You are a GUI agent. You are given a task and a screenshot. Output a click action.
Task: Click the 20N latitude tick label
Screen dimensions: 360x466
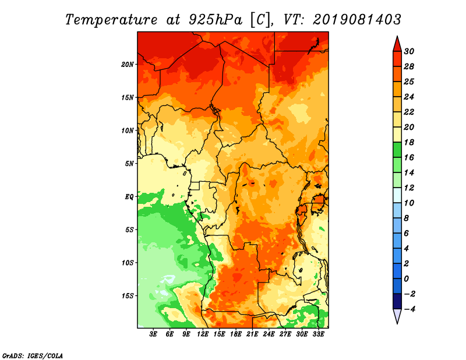coord(128,64)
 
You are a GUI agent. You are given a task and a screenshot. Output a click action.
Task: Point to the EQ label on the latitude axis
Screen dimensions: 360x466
coord(129,196)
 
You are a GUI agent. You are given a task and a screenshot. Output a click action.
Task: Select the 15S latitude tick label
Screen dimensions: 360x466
coord(128,295)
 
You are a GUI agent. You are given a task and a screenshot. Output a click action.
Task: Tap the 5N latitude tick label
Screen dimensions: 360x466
coord(129,163)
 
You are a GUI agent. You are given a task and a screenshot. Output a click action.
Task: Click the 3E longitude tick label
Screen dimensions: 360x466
coord(154,334)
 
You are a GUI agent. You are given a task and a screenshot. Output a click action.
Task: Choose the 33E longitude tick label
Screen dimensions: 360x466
coord(319,334)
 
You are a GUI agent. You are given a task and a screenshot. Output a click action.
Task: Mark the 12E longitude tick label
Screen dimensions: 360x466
coord(203,334)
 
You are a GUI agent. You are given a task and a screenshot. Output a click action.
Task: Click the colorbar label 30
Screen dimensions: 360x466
coord(409,51)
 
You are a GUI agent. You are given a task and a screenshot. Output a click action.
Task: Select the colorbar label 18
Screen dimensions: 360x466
coord(409,142)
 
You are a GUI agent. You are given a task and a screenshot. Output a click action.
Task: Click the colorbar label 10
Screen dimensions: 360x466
coord(409,203)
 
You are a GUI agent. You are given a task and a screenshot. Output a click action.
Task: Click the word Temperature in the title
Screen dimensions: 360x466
coord(108,19)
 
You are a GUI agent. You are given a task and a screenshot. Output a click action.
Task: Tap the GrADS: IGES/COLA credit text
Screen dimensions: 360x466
coord(32,355)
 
